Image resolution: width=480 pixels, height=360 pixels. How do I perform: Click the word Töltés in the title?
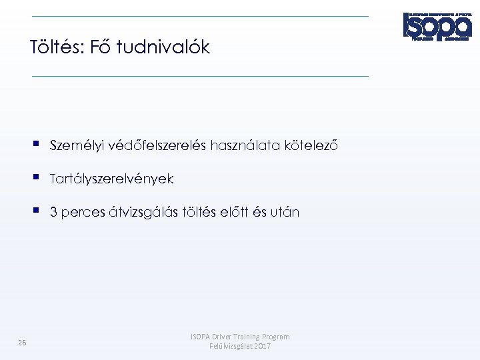click(53, 47)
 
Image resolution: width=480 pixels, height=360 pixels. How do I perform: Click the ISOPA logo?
click(437, 27)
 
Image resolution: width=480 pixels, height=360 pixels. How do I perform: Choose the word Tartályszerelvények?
click(111, 179)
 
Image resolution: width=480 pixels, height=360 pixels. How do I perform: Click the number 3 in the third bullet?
click(53, 213)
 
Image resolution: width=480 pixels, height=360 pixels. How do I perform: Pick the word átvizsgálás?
click(142, 213)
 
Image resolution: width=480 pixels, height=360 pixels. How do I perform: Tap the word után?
click(285, 213)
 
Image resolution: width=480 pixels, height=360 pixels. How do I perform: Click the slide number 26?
click(22, 343)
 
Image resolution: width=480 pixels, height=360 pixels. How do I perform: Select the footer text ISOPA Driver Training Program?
click(240, 337)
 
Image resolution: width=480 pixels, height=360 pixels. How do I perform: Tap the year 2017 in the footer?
click(261, 347)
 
